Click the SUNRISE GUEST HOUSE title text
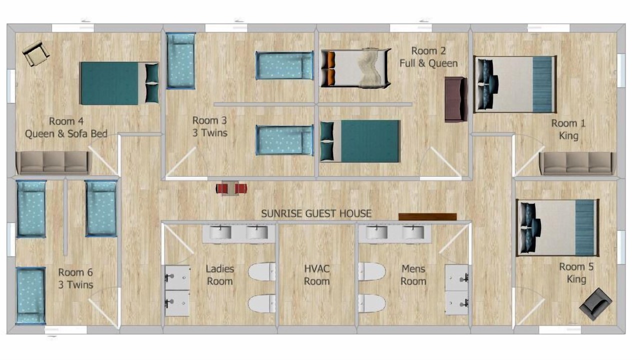[316, 213]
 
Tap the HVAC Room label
[317, 275]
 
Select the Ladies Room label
[219, 275]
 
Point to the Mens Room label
[413, 275]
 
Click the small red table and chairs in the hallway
[231, 188]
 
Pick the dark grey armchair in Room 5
[595, 304]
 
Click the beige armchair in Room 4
[36, 53]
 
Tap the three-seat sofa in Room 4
[54, 163]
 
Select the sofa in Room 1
[577, 163]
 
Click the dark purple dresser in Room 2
[456, 99]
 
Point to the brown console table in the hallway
[427, 217]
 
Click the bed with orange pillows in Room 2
[355, 67]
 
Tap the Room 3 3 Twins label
[210, 126]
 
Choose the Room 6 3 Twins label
[75, 278]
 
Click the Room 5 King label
[576, 273]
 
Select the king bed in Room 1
[515, 84]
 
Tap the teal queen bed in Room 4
[119, 83]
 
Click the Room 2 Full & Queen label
[428, 57]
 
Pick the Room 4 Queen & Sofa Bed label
[66, 127]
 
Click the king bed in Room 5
[557, 228]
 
